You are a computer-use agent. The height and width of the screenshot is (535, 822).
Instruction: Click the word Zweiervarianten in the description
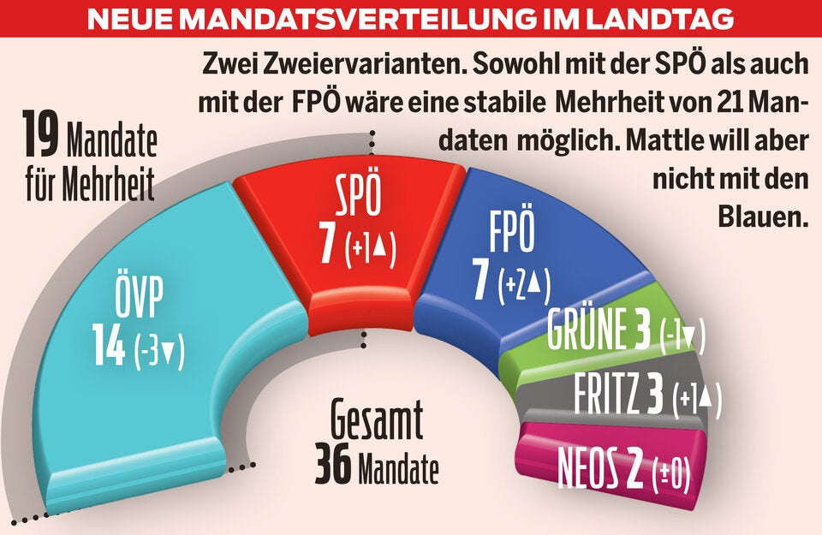point(329,64)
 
